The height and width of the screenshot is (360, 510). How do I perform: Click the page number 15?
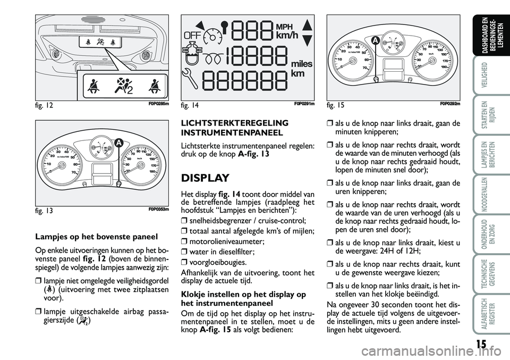(480, 344)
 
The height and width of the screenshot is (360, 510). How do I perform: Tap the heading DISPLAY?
(205, 178)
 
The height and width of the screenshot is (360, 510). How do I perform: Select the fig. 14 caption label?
(191, 106)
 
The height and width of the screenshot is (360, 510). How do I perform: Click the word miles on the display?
(301, 63)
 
